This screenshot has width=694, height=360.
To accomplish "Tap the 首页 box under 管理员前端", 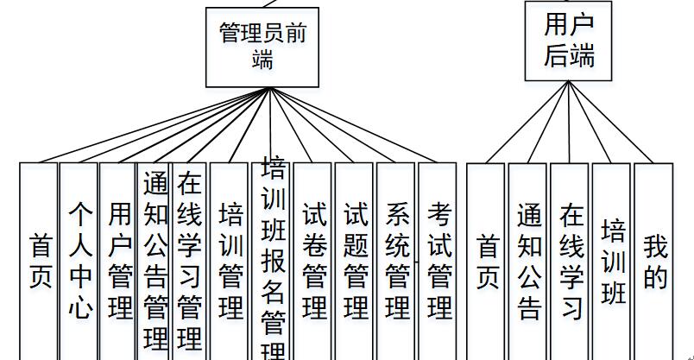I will [39, 259].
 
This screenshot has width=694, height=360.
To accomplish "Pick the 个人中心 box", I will [79, 259].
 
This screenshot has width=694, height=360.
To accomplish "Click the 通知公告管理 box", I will [155, 259].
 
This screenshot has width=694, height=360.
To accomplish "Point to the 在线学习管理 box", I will [189, 259].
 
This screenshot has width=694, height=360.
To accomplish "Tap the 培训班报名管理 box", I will [273, 259].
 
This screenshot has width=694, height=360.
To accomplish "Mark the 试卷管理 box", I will [313, 259].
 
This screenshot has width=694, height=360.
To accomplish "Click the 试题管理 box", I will [355, 259].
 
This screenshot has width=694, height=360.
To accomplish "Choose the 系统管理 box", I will [396, 259].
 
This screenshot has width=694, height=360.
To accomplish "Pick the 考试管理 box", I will [438, 259].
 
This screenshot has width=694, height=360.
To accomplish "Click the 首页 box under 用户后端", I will [486, 259].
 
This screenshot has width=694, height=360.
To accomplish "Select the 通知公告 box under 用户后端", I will [528, 259].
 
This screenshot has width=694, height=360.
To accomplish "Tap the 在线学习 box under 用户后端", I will [570, 259].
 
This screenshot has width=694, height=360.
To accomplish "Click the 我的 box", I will [653, 259].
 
